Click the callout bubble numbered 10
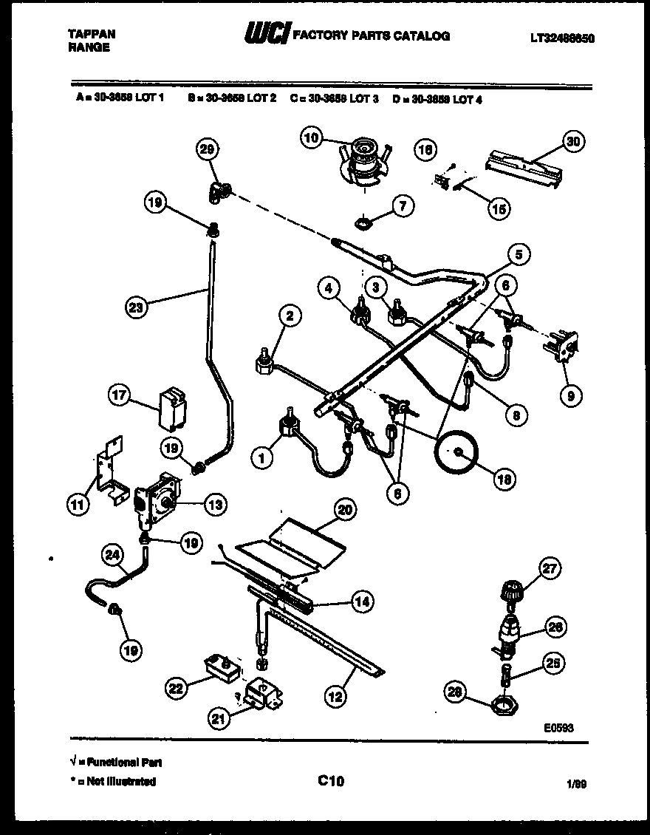click(x=312, y=137)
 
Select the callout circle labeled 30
click(x=572, y=141)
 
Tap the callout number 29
click(x=208, y=150)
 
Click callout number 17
click(x=120, y=395)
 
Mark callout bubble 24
click(x=113, y=556)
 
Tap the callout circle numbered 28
click(x=456, y=692)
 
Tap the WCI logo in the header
click(x=267, y=34)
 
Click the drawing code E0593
click(x=558, y=728)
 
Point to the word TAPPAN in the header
click(x=92, y=34)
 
